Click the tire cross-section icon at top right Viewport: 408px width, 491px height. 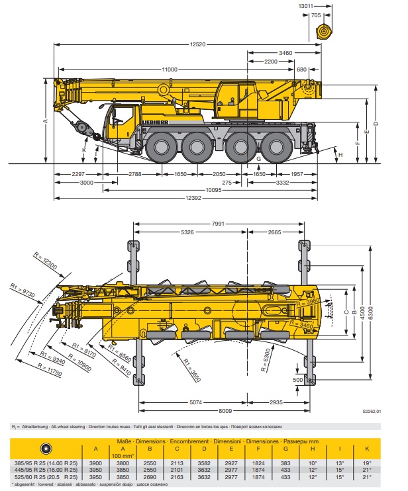[x=323, y=31]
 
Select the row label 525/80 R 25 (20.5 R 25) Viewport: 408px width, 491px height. [x=46, y=477]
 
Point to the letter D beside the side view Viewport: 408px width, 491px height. [x=375, y=124]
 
